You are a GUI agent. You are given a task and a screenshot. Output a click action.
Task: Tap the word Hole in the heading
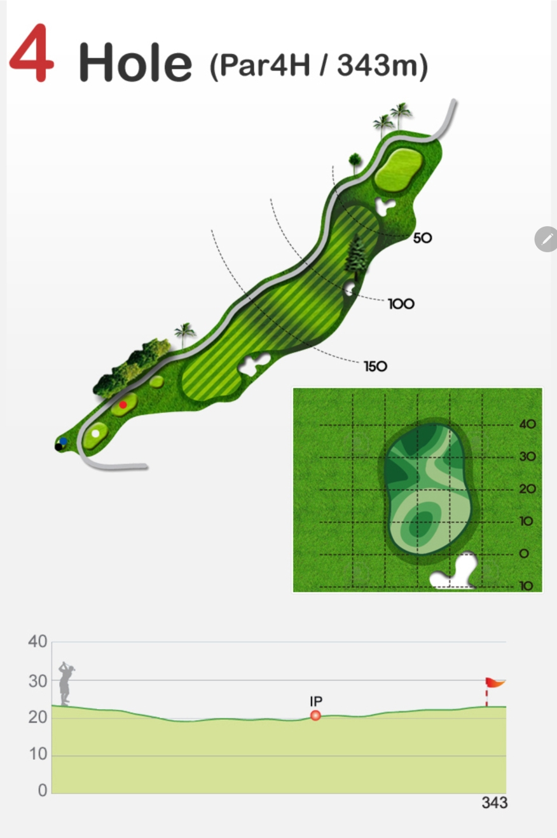point(135,62)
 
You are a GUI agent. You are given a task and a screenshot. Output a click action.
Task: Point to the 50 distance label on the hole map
point(423,238)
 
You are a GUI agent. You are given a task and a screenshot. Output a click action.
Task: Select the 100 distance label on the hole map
point(401,304)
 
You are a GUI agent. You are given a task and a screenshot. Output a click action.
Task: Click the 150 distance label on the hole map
point(375,366)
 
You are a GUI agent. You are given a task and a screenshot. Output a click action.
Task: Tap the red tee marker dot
point(123,405)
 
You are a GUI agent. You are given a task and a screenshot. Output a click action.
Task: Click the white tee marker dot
point(95,433)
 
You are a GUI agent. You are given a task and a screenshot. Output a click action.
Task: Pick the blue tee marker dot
point(63,442)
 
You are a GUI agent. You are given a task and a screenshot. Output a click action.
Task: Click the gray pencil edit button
point(547,239)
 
